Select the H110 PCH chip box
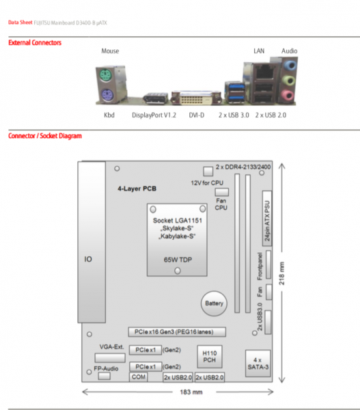(x=209, y=355)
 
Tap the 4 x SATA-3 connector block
(x=258, y=362)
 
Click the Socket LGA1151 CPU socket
(x=177, y=240)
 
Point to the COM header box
(x=139, y=377)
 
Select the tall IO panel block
(x=88, y=259)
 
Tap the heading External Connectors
(x=35, y=43)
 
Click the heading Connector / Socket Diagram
(x=45, y=136)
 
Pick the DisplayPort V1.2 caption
(x=154, y=115)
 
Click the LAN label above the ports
(x=258, y=51)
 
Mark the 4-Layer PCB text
(x=137, y=188)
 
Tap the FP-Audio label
(x=107, y=368)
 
